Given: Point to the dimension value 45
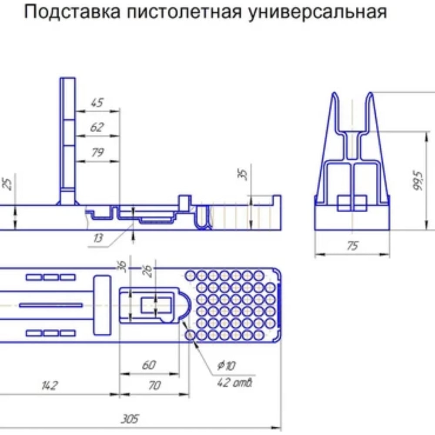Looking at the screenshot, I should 97,103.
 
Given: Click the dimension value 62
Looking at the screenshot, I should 97,127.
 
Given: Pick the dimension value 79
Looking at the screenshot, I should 97,153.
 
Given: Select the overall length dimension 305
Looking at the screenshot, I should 130,419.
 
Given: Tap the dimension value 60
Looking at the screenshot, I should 149,365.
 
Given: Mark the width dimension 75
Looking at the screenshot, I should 352,246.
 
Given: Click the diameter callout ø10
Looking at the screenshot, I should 226,365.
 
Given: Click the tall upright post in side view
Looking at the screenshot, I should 67,135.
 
